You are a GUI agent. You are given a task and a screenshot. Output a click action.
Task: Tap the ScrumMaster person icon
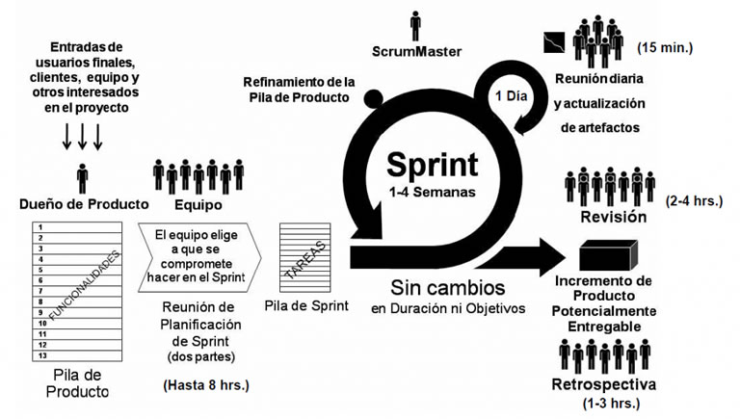(x=415, y=25)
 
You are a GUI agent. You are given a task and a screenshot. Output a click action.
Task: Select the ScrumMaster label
(x=416, y=50)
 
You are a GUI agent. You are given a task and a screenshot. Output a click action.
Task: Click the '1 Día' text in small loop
(x=511, y=96)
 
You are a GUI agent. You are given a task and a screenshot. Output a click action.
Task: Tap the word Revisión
(x=613, y=218)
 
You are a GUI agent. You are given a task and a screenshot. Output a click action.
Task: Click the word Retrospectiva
(x=604, y=384)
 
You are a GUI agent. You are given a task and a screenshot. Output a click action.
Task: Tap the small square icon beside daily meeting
(x=551, y=41)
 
